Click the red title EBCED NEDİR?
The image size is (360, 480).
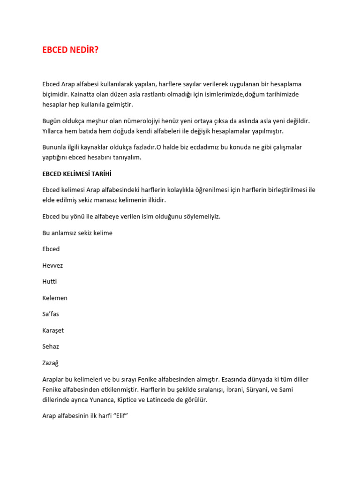coord(70,50)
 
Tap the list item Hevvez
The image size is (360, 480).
coord(52,265)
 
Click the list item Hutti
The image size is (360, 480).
coord(50,282)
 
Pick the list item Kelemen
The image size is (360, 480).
coord(55,298)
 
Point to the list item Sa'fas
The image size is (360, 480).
coord(51,314)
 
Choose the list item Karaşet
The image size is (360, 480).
coord(53,330)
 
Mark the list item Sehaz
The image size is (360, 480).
coord(51,346)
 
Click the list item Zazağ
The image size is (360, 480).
coord(51,363)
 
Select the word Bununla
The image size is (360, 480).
coord(55,147)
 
